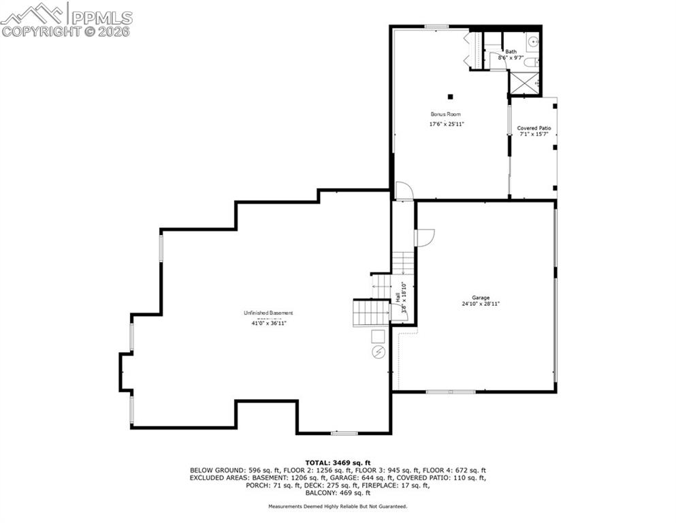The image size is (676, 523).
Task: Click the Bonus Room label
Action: [445, 114]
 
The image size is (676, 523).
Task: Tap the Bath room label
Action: [511, 52]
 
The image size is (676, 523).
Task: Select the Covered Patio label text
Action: [534, 128]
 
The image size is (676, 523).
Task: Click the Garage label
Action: [481, 298]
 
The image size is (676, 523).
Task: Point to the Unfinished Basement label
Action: [268, 313]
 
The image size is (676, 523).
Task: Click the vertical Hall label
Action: [398, 298]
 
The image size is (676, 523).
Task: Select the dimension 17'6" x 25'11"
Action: [446, 125]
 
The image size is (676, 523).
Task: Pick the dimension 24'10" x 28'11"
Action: [481, 304]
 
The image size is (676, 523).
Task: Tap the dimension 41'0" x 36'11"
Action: [268, 323]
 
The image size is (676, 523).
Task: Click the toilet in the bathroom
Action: [533, 63]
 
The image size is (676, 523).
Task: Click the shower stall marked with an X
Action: [524, 82]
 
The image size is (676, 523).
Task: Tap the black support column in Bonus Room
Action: [449, 96]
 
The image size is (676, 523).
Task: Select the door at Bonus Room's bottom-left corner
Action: [404, 191]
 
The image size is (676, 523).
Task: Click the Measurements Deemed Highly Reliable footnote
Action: [338, 507]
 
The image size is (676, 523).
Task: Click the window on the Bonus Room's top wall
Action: [436, 27]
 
